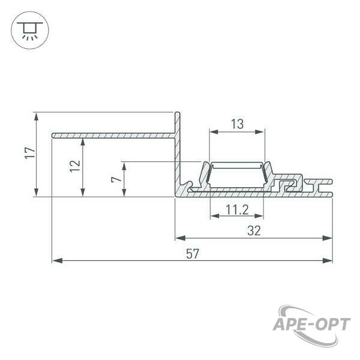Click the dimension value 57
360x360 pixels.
192,254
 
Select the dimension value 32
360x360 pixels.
254,231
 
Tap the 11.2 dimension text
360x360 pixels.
237,209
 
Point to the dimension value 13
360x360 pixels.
237,124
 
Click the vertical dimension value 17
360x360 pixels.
30,153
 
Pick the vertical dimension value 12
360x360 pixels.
75,166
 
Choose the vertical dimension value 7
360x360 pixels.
116,179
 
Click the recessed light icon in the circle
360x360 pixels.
30,31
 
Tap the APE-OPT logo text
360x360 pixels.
311,325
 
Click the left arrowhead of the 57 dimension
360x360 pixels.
57,260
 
